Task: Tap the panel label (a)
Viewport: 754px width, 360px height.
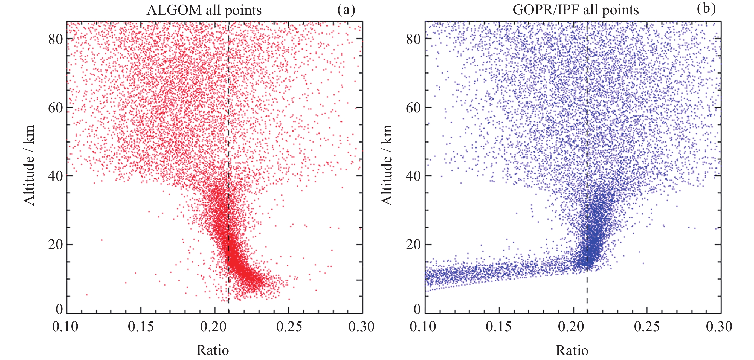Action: pos(346,10)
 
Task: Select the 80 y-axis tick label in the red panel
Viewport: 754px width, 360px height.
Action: pos(56,39)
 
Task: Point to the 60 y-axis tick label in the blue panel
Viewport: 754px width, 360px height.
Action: pos(413,108)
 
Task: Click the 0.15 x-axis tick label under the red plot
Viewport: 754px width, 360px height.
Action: pos(141,327)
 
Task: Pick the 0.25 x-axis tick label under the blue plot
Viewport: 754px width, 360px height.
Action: pos(646,327)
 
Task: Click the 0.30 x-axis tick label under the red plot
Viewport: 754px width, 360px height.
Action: pos(361,327)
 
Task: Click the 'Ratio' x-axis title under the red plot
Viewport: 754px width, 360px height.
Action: pos(213,350)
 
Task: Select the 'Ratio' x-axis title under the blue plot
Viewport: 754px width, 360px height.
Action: pos(572,350)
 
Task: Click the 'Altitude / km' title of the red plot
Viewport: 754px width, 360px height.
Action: pos(29,166)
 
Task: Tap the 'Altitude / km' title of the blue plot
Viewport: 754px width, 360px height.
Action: pos(387,166)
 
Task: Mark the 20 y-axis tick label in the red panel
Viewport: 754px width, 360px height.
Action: pos(56,244)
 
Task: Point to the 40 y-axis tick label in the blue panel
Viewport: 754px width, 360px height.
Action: pos(413,176)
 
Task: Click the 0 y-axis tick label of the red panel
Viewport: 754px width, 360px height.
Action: pos(59,309)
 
